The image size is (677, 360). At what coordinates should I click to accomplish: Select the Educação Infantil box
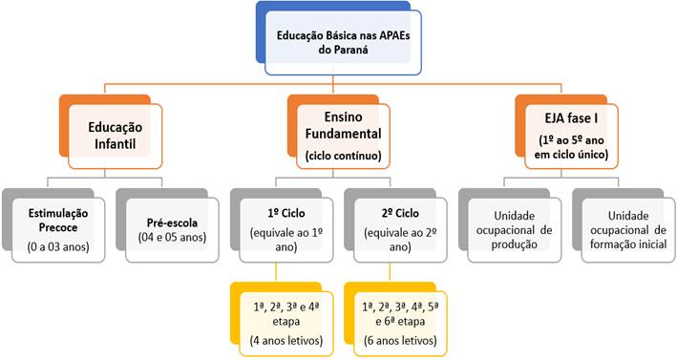pos(114,135)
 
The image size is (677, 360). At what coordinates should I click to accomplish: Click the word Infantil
pos(116,144)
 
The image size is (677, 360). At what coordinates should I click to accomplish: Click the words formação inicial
pos(623,244)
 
